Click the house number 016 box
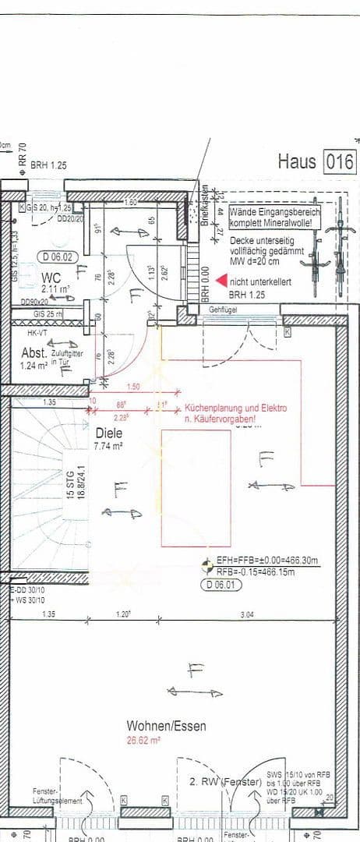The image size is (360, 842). (340, 162)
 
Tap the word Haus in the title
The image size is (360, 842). (297, 162)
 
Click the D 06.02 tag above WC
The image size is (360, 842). (58, 256)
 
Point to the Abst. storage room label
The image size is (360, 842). (34, 352)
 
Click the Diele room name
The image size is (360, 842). (110, 433)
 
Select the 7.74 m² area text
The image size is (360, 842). (110, 447)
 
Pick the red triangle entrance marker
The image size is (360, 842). (221, 279)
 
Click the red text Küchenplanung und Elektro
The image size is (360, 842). (235, 409)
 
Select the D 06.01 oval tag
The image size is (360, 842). (220, 584)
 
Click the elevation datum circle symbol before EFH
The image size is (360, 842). (206, 561)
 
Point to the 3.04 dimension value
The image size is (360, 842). (245, 615)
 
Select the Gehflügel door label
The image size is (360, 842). (222, 310)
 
